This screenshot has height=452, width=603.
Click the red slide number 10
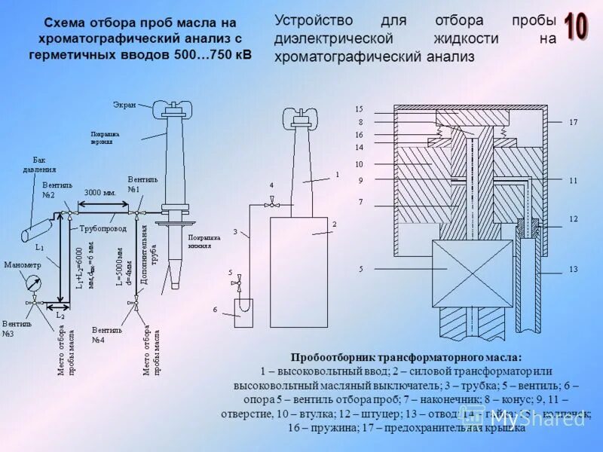tap(576, 27)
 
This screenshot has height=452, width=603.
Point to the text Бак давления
tap(44, 165)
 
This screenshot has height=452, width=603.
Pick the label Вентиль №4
tap(106, 334)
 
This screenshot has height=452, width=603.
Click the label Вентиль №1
tap(142, 185)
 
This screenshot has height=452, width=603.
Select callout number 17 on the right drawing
tap(573, 122)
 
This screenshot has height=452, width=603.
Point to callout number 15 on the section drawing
tap(360, 109)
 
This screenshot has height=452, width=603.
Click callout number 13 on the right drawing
tap(573, 269)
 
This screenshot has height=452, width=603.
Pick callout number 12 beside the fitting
tap(573, 218)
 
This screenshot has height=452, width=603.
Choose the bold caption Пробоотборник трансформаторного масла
tap(406, 357)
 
